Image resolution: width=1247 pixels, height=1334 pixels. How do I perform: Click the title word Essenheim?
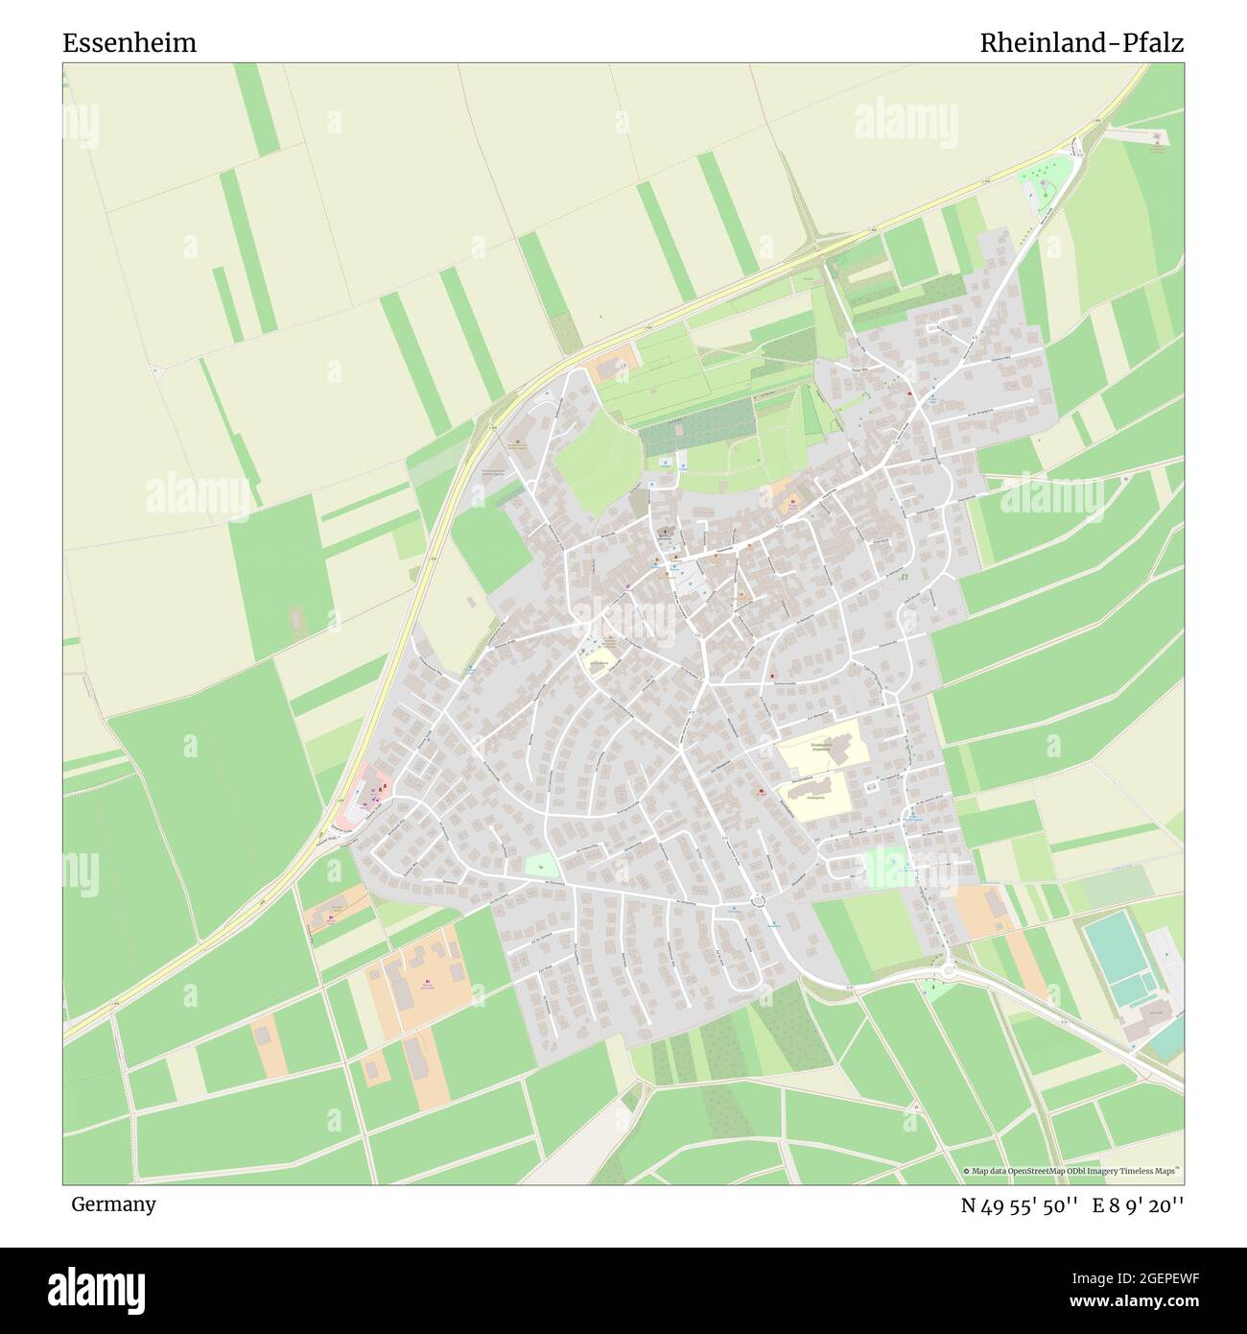(129, 43)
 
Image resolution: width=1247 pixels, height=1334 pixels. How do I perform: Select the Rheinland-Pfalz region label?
(1081, 43)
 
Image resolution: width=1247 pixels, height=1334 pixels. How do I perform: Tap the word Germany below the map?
(113, 1204)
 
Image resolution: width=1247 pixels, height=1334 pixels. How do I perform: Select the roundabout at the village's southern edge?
(759, 900)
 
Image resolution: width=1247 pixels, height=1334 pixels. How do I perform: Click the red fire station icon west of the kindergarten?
(762, 793)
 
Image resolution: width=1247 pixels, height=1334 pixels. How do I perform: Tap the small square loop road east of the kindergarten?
(872, 787)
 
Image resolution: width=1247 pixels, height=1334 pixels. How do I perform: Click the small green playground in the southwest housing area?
(541, 864)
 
